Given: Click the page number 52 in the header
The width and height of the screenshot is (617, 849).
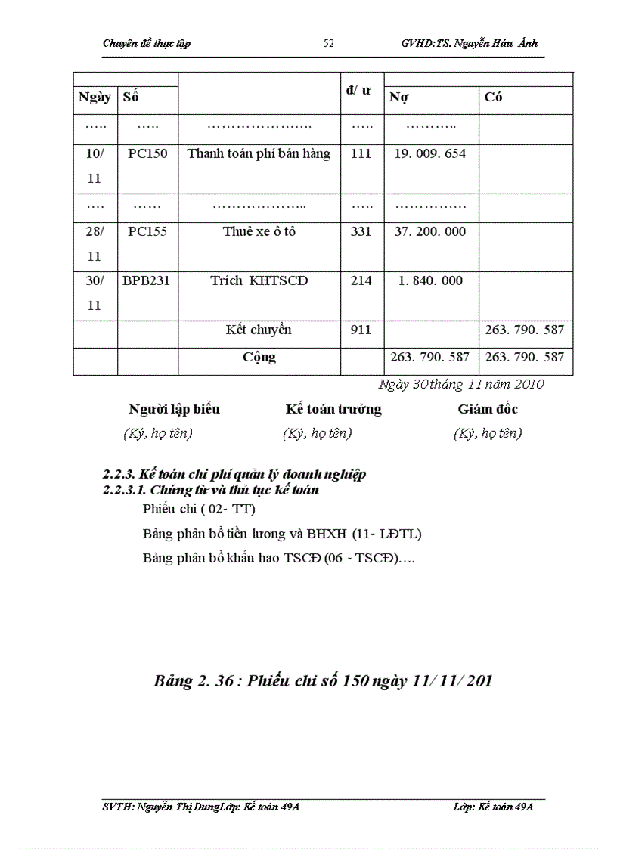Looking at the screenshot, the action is (x=328, y=43).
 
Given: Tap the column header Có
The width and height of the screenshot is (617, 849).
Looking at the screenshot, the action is (x=494, y=98).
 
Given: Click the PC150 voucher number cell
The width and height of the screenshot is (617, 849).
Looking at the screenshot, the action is (x=147, y=153).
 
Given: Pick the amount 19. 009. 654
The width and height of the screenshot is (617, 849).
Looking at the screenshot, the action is (x=430, y=153).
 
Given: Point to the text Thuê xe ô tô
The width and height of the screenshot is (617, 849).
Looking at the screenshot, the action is (x=259, y=231).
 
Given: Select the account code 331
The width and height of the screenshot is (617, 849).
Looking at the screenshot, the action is (x=361, y=231).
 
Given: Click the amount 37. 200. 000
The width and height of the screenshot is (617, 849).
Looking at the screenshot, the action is (x=430, y=231).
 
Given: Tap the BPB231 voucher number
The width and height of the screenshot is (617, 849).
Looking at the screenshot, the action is (x=147, y=280).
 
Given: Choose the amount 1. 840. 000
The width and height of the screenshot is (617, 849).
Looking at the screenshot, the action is (x=430, y=280).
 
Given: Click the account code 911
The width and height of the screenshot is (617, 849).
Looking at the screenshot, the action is (x=361, y=330).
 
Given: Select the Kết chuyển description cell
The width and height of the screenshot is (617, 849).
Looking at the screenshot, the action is (x=259, y=330).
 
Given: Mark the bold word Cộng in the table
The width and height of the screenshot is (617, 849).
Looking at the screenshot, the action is (x=259, y=357).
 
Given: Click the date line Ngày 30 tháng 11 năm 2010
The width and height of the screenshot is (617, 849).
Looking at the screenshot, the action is (x=461, y=384).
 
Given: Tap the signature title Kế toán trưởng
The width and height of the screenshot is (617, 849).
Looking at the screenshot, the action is (x=333, y=410).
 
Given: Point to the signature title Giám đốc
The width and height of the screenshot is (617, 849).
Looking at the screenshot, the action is (x=488, y=410).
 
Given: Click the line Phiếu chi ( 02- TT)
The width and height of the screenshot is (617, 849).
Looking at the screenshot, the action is (x=199, y=509).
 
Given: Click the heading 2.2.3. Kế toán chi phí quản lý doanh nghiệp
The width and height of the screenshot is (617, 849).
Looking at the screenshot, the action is (x=234, y=475).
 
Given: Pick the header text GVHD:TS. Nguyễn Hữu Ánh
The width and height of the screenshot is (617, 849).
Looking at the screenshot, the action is (x=469, y=43).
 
